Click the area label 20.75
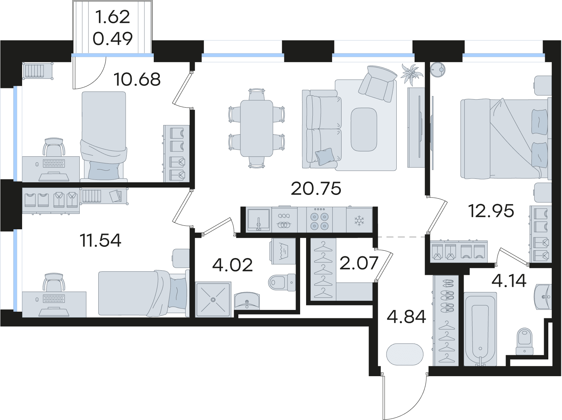pos(316,189)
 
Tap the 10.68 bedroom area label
pos(137,79)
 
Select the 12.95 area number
pos(491,211)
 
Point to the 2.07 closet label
pos(359,263)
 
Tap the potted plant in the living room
pos(411,74)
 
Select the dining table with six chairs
pos(257,128)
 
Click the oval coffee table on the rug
pos(364,129)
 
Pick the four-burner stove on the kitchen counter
pos(319,220)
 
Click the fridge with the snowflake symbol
pos(359,220)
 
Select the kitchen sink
pos(259,220)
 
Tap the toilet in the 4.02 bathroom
pos(282,283)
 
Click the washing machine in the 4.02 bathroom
pos(283,251)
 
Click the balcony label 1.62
pos(112,17)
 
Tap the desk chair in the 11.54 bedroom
pos(54,283)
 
